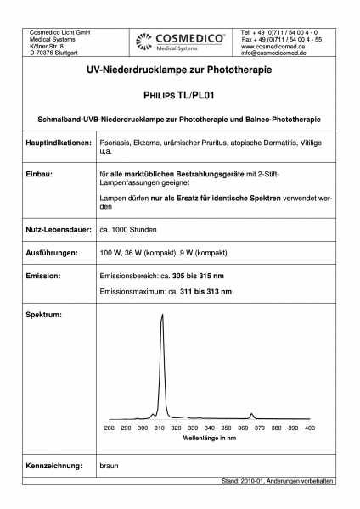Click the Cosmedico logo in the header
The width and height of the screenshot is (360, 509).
tap(180, 41)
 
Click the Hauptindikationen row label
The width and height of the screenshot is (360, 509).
tap(59, 145)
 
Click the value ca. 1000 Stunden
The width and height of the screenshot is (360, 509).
tap(128, 231)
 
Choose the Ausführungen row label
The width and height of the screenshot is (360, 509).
tap(53, 253)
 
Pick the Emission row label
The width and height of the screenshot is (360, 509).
tap(43, 276)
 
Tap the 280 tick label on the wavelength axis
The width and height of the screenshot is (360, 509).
tap(110, 428)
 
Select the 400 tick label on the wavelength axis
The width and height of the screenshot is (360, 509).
tap(309, 428)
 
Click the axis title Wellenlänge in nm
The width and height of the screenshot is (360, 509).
tap(210, 439)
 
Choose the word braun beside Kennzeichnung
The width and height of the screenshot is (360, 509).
tap(110, 466)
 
